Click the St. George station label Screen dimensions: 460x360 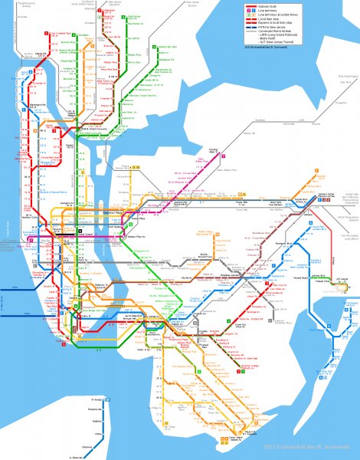pos(98,399)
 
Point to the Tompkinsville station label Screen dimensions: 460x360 pos(96,409)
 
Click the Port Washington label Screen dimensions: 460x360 pos(348,77)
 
